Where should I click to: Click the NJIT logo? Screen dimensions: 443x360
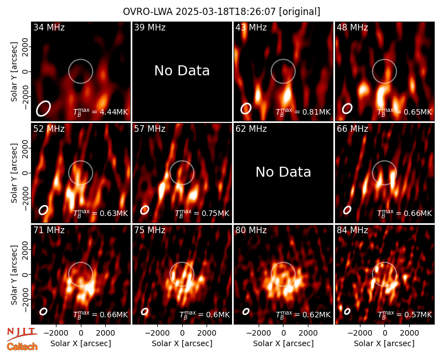(x=22, y=334)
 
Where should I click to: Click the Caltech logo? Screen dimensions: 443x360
(x=22, y=347)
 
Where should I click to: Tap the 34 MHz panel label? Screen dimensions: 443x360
(x=49, y=27)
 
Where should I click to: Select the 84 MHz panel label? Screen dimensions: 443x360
(x=352, y=230)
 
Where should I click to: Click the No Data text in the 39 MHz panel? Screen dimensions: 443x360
(x=182, y=71)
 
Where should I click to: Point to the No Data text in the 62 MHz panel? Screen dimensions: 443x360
(x=284, y=172)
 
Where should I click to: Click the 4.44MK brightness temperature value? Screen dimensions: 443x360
(x=110, y=112)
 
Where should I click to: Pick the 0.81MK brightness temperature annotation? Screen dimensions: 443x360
(x=312, y=112)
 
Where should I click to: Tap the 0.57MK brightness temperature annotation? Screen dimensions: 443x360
(x=414, y=315)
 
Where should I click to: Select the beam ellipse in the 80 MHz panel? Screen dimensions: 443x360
(x=246, y=311)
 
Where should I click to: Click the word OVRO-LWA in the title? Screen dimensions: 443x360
(x=148, y=12)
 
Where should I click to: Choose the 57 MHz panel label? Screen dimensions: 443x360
(x=150, y=129)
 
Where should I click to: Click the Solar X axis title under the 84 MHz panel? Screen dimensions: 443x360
(x=384, y=343)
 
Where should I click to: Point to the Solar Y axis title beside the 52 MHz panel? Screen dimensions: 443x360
(x=14, y=173)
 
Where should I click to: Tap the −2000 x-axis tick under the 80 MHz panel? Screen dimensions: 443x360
(x=258, y=333)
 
